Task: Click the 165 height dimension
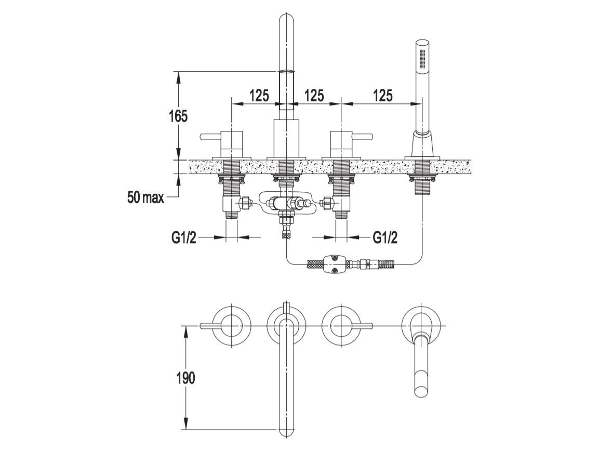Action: (x=178, y=116)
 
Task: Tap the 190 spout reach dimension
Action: (x=185, y=378)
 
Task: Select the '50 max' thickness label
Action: (x=145, y=198)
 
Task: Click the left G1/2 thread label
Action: (x=184, y=237)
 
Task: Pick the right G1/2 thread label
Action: (x=385, y=237)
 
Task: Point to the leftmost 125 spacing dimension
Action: (x=259, y=95)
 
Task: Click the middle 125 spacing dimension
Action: (x=314, y=95)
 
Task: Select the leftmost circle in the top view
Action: (x=232, y=325)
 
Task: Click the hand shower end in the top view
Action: (x=421, y=391)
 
